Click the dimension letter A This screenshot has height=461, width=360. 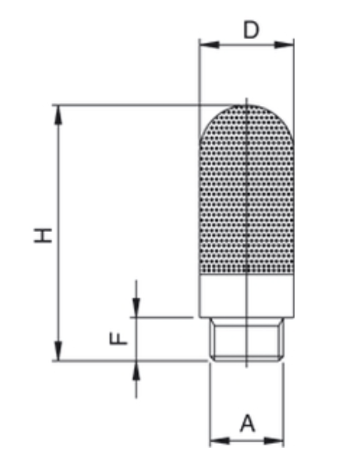click(x=247, y=424)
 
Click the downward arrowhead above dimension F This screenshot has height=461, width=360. click(x=136, y=311)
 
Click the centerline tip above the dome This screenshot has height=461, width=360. click(x=246, y=100)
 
